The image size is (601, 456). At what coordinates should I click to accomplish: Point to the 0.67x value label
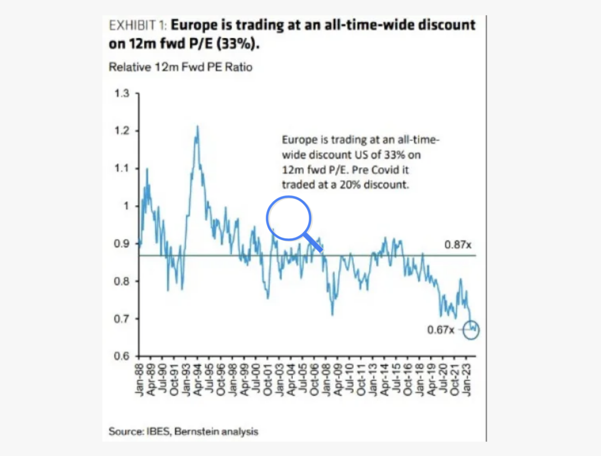440,330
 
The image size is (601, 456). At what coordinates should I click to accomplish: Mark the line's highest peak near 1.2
198,126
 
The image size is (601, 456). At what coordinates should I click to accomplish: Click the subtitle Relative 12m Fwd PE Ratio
181,67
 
